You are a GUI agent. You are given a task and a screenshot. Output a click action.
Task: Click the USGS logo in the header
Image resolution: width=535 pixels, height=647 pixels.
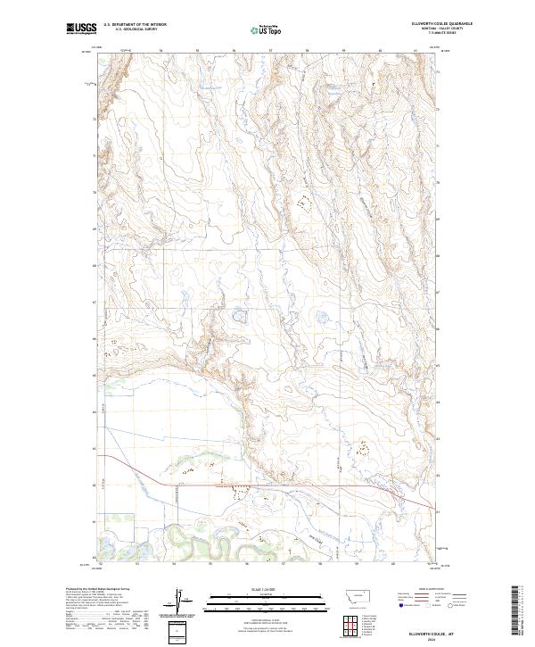pos(81,29)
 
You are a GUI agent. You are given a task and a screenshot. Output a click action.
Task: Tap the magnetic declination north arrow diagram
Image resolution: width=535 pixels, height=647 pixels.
pos(178,600)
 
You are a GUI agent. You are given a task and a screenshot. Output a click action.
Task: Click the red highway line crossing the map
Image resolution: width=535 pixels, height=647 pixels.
pos(267,485)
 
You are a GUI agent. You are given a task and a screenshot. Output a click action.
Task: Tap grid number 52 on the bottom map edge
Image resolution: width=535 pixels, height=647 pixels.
pos(102,565)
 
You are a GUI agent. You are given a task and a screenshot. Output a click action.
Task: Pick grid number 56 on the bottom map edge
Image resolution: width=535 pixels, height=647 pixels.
pos(247,565)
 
